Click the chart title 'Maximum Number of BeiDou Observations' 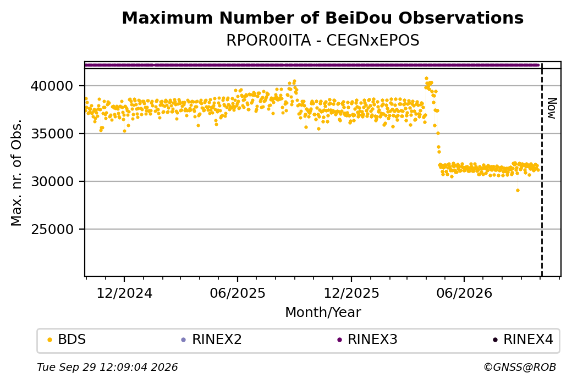[x=322, y=18]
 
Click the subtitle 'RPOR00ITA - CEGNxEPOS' [x=322, y=40]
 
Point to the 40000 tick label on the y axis [x=52, y=86]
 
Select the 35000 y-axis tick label [x=52, y=133]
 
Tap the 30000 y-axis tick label [x=52, y=181]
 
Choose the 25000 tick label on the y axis [x=52, y=229]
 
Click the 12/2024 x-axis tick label [x=124, y=293]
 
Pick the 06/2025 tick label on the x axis [x=238, y=293]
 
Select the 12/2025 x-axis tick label [x=351, y=293]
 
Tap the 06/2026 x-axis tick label [x=464, y=293]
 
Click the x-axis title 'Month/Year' [x=323, y=312]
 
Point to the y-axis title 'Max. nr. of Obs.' [x=16, y=172]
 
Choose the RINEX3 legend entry [x=367, y=340]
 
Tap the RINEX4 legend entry [x=523, y=340]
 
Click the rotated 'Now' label [x=552, y=108]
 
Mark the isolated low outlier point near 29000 [x=518, y=190]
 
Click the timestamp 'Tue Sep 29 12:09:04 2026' [x=107, y=367]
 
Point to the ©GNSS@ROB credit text [x=520, y=367]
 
